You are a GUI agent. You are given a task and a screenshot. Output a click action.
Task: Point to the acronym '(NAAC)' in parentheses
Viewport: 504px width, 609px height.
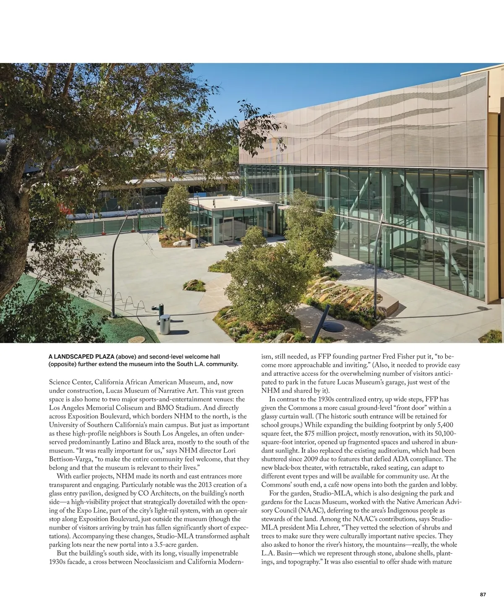(x=274, y=510)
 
